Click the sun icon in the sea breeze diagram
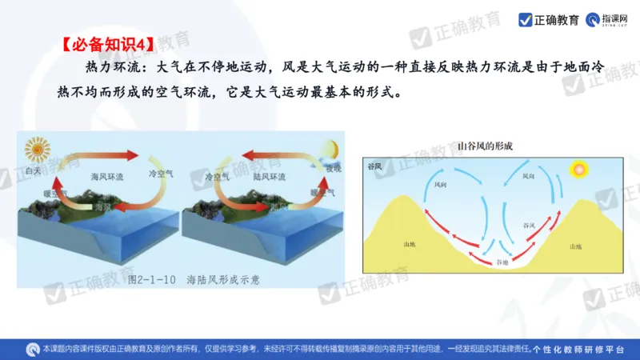pyautogui.click(x=38, y=150)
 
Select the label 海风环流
pyautogui.click(x=108, y=175)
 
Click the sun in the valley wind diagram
pyautogui.click(x=578, y=170)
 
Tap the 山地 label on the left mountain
pyautogui.click(x=410, y=244)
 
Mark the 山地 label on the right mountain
pyautogui.click(x=575, y=247)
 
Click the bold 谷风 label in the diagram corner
pyautogui.click(x=374, y=166)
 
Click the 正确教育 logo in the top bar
pyautogui.click(x=549, y=19)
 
